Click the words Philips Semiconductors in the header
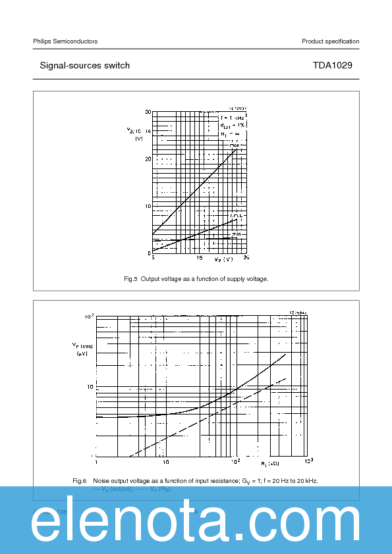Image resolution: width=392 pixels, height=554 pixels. tap(65, 41)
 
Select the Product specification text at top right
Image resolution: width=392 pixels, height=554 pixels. tap(330, 41)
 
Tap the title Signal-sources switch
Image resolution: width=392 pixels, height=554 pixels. tap(84, 66)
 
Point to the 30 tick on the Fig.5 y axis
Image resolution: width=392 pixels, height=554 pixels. tap(148, 113)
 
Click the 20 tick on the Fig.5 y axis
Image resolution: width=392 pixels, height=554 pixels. tap(148, 159)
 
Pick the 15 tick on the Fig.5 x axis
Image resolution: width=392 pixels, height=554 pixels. tap(199, 258)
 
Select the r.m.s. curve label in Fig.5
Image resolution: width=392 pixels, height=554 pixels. tap(237, 216)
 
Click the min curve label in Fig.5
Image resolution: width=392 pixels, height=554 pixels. tap(236, 234)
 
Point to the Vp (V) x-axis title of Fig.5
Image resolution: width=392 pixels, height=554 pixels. tap(223, 259)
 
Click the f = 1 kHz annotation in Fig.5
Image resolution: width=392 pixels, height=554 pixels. tap(233, 117)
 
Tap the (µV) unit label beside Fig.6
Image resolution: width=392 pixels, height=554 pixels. tap(82, 354)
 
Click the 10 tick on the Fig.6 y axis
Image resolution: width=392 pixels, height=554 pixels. tap(90, 387)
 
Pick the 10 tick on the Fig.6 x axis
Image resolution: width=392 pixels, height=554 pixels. tap(165, 461)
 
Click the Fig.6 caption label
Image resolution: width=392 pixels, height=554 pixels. tap(80, 480)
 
